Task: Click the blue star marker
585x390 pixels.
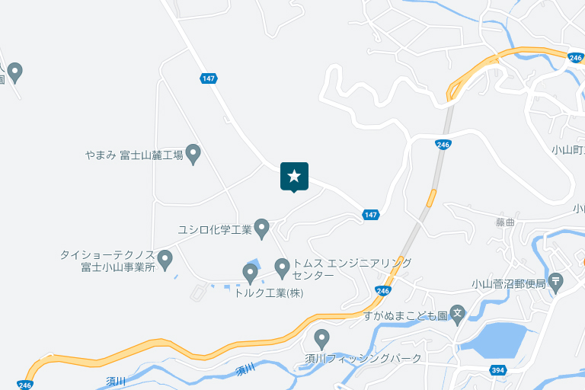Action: click(294, 177)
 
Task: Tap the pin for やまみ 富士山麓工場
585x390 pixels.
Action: click(193, 154)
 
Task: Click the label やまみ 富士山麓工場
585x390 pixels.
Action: click(134, 155)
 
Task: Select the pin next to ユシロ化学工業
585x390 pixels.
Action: click(261, 228)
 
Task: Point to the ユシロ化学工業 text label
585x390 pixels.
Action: click(215, 229)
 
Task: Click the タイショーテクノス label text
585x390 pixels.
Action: click(107, 254)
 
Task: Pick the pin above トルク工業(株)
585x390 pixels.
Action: click(250, 272)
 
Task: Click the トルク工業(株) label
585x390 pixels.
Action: click(268, 292)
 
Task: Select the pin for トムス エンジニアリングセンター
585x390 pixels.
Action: click(282, 267)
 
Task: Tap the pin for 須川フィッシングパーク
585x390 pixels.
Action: click(321, 337)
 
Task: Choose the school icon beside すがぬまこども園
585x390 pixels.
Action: click(457, 314)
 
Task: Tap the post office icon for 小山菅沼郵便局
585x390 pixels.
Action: click(556, 282)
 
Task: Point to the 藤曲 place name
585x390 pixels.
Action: click(505, 222)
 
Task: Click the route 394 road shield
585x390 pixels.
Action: click(498, 370)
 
